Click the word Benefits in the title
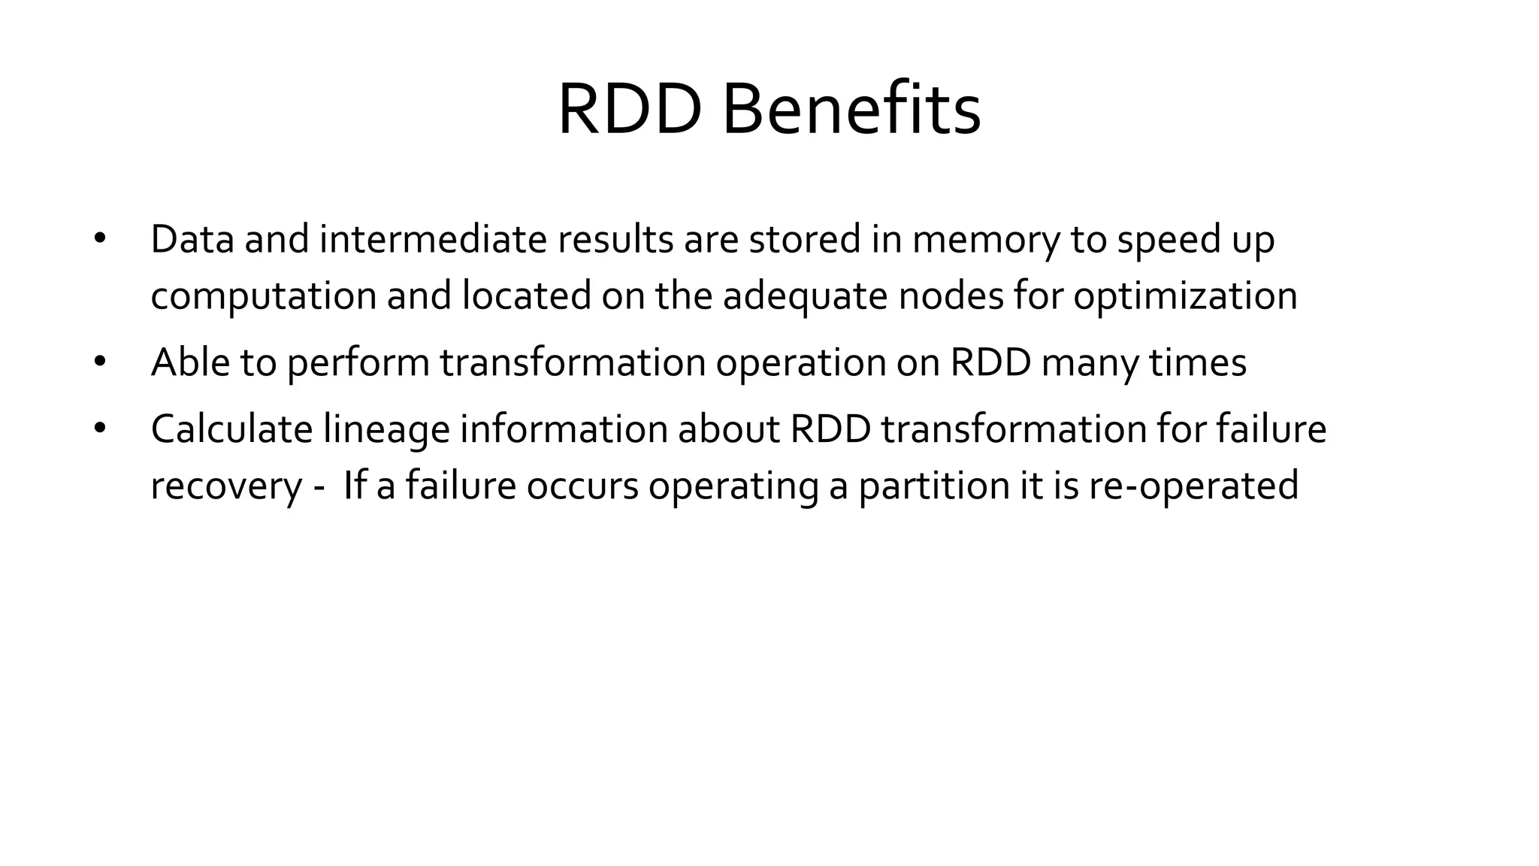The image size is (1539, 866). click(x=851, y=110)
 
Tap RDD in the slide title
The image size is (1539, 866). click(x=630, y=110)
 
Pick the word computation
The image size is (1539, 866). click(x=263, y=296)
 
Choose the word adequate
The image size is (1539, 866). click(x=805, y=296)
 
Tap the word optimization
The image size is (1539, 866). click(x=1185, y=296)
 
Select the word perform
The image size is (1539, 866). click(x=358, y=364)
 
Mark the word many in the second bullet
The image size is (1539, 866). click(x=1090, y=364)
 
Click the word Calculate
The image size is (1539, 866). click(x=231, y=429)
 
